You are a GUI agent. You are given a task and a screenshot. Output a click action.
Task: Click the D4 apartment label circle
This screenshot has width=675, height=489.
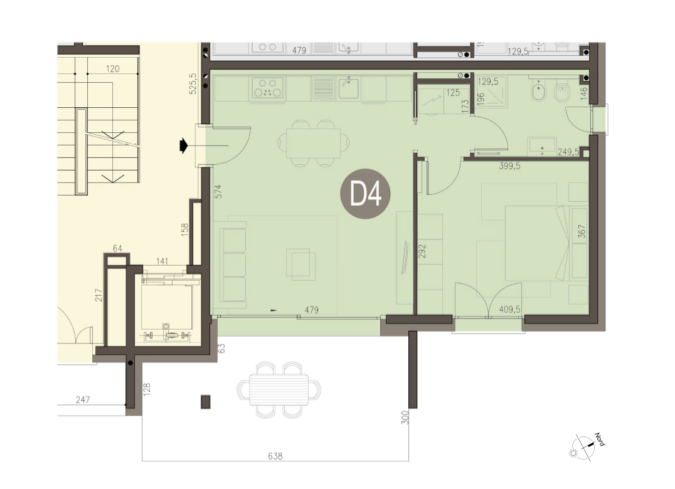365,194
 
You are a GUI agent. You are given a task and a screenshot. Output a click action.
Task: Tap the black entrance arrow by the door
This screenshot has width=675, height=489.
184,146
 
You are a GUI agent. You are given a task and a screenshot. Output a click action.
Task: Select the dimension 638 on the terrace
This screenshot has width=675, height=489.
275,456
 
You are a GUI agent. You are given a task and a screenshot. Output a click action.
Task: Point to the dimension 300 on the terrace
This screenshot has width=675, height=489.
405,417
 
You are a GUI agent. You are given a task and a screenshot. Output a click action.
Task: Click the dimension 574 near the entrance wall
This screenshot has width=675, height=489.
218,191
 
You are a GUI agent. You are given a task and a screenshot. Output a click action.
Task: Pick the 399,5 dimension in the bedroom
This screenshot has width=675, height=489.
509,166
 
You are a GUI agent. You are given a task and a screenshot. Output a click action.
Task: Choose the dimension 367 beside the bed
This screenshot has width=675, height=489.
582,231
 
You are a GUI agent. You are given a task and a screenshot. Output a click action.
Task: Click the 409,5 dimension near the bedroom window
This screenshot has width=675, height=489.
509,309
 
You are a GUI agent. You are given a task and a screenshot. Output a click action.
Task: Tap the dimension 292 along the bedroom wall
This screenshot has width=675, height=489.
422,251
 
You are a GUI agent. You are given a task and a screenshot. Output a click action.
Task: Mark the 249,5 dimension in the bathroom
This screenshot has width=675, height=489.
568,152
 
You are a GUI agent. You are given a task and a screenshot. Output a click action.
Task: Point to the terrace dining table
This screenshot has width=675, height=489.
279,390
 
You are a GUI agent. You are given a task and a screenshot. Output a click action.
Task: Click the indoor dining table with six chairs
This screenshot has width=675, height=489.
314,143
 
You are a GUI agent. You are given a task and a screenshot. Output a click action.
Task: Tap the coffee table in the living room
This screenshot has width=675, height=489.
301,263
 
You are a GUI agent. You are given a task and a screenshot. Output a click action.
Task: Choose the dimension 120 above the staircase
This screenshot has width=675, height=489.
112,69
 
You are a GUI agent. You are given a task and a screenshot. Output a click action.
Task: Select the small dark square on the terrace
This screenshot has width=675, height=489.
206,402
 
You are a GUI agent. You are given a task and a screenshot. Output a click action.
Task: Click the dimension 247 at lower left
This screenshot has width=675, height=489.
83,399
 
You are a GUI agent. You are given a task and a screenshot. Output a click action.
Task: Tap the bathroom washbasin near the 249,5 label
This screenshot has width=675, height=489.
542,147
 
